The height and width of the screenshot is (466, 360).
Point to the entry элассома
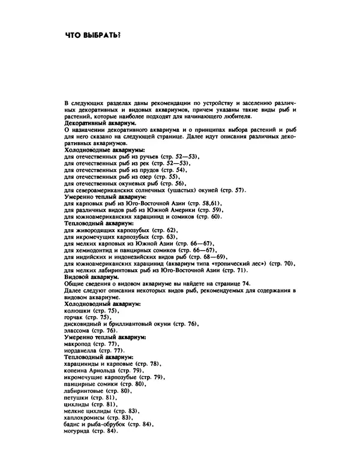[x=77, y=330]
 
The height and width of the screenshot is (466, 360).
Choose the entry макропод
[x=78, y=344]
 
